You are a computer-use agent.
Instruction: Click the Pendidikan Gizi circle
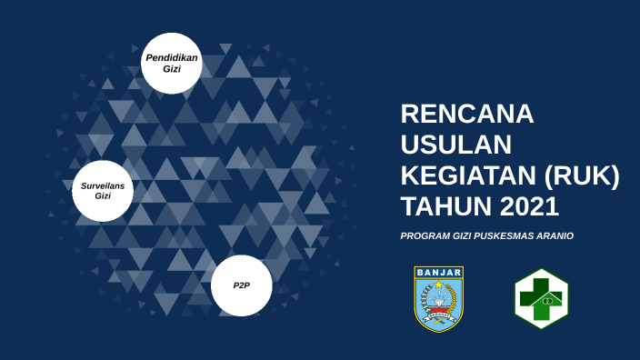click(x=172, y=64)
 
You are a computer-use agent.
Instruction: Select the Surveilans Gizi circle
click(x=103, y=191)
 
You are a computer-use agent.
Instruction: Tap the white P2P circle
click(x=241, y=285)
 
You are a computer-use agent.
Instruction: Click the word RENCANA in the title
click(x=467, y=115)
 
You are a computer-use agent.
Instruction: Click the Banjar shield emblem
click(x=439, y=298)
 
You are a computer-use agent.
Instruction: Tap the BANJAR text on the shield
click(x=439, y=272)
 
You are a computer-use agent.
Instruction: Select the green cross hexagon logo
click(x=541, y=298)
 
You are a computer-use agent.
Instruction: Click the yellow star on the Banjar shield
click(x=439, y=285)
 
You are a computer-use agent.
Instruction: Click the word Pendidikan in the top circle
click(x=172, y=57)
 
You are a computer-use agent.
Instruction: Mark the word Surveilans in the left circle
click(x=103, y=185)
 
